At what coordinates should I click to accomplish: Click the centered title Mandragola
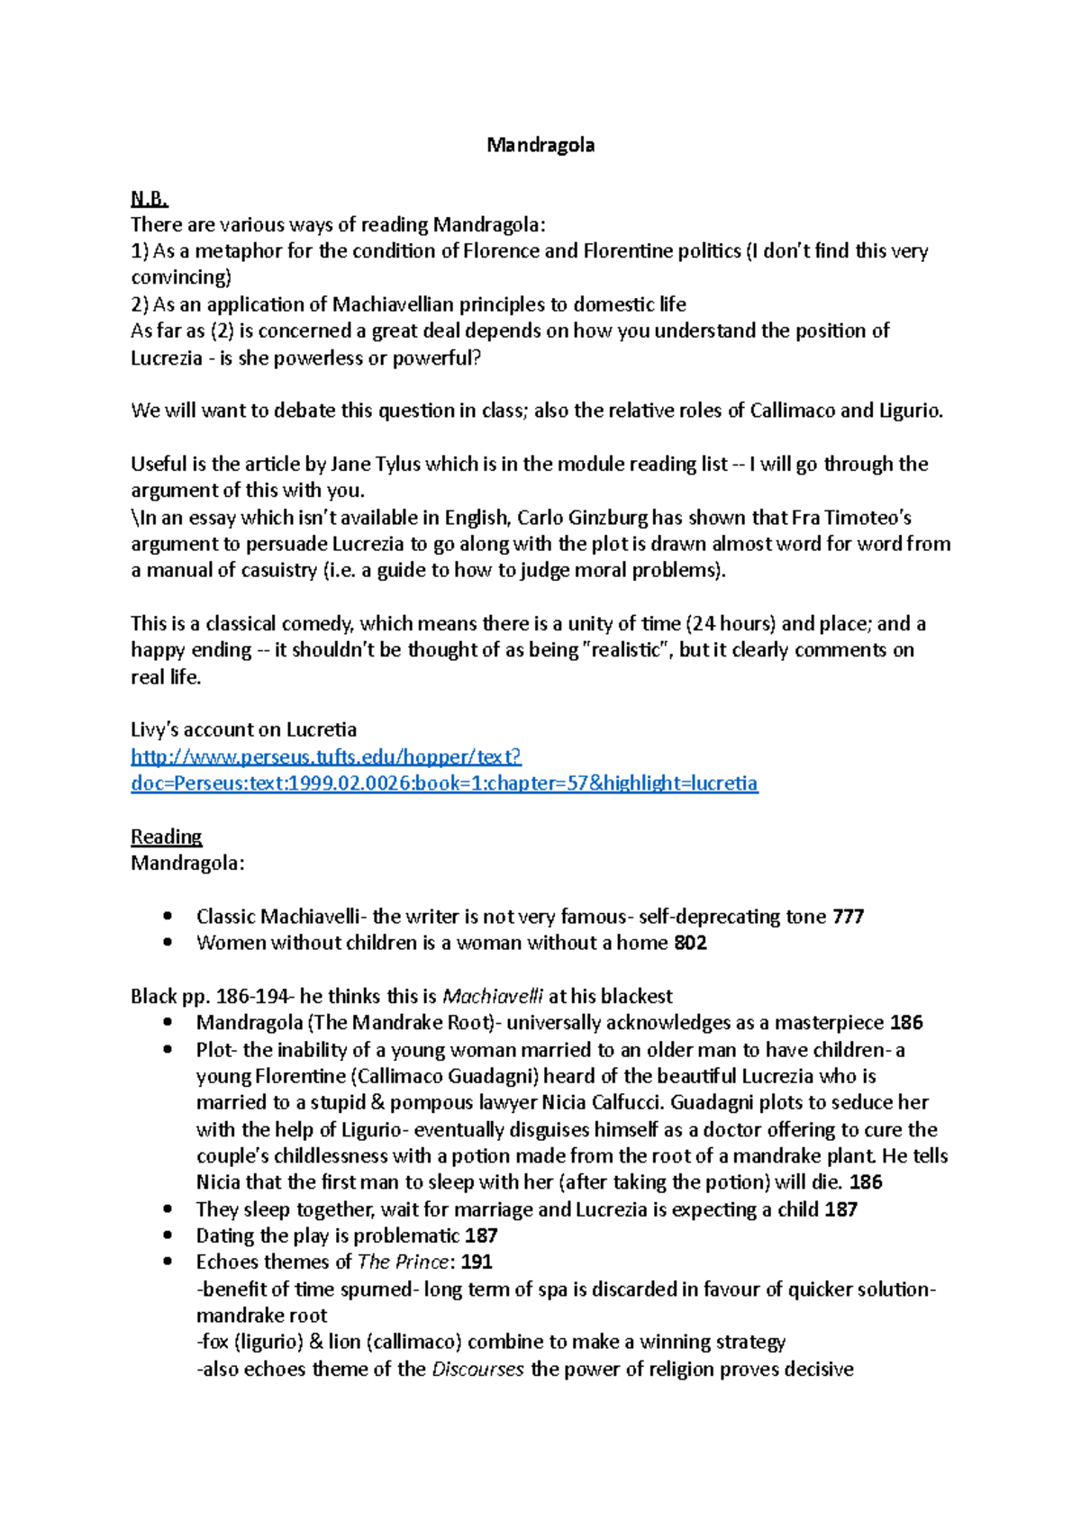coord(540,145)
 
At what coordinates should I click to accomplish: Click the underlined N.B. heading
coord(149,198)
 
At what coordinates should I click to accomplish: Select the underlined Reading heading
coord(166,837)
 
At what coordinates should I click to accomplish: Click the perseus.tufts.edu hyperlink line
coord(326,756)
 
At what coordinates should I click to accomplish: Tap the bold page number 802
coord(690,943)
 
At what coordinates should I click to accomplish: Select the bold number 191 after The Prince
coord(477,1262)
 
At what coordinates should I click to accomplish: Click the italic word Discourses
coord(477,1370)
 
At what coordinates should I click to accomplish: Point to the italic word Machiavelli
coord(493,997)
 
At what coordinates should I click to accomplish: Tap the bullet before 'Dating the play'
coord(168,1236)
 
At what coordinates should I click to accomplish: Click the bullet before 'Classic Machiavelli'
coord(168,917)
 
